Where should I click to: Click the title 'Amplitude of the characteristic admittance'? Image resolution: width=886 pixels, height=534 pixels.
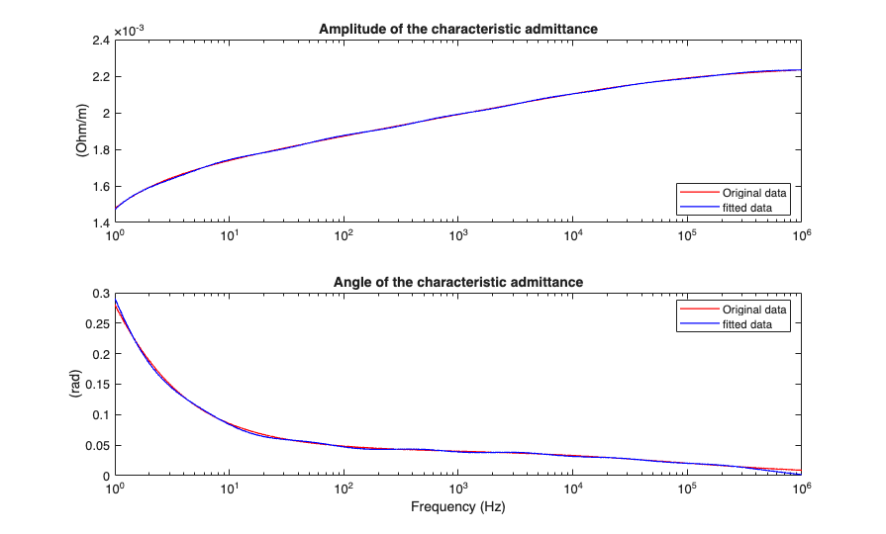click(457, 29)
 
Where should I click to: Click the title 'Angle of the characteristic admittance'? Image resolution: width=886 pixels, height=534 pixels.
click(457, 282)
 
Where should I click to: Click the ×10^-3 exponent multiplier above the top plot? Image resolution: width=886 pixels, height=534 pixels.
click(129, 31)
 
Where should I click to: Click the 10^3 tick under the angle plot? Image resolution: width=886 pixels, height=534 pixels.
click(457, 489)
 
